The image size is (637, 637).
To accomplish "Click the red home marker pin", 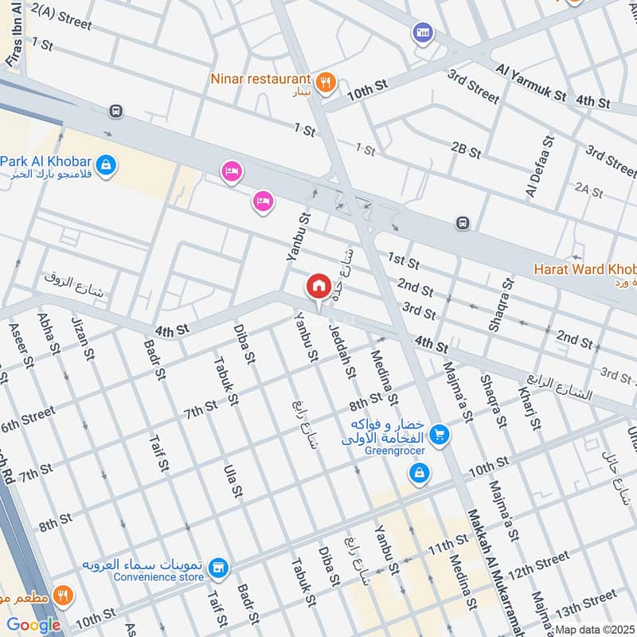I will point(318,286).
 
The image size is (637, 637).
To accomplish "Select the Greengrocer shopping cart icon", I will point(438,435).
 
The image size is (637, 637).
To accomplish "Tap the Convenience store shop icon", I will point(218,569).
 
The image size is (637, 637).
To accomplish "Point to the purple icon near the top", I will point(422,33).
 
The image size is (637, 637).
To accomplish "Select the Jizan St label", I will point(83,338).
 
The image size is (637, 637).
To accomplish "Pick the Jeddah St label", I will point(343,353).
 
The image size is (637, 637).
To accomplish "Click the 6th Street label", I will point(28,420).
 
